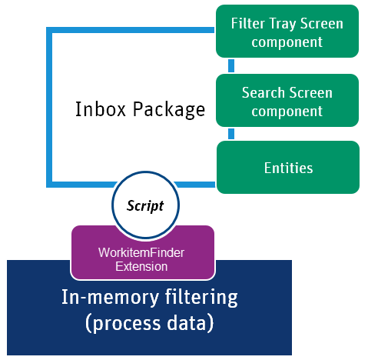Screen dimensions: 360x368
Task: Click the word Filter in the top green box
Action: [x=248, y=24]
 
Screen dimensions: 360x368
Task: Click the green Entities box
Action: [x=287, y=167]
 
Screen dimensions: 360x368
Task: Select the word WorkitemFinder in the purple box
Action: [x=142, y=252]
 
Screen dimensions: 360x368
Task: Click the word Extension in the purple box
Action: [x=142, y=266]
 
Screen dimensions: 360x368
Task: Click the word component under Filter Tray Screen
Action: [x=287, y=42]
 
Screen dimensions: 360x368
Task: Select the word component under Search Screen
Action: [x=287, y=111]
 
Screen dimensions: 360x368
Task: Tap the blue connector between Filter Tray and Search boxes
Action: [x=231, y=65]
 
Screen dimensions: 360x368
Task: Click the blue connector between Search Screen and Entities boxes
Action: [x=231, y=134]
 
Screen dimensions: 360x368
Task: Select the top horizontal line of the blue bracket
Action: [x=131, y=31]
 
